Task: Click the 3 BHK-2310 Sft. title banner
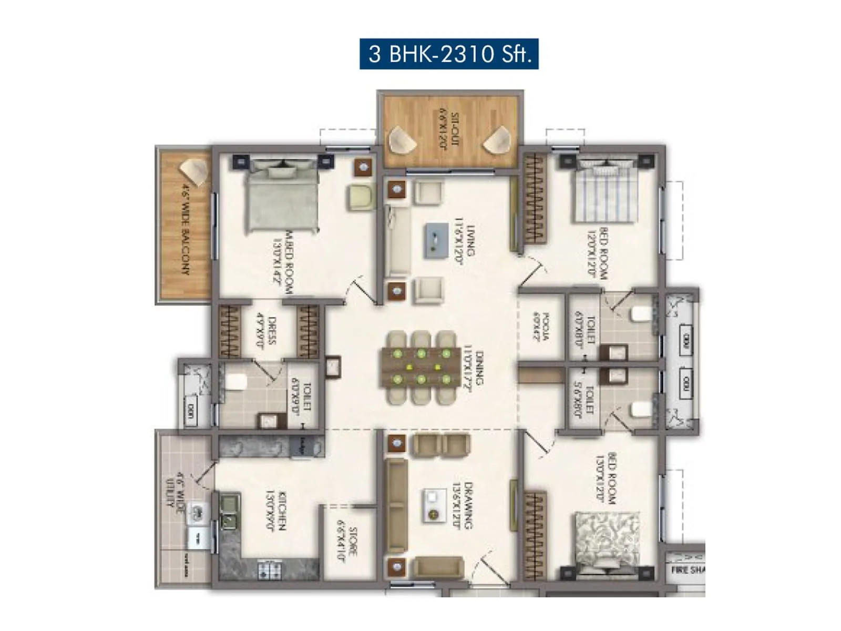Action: tap(449, 54)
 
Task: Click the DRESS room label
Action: tap(266, 330)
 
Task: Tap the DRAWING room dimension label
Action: tap(462, 505)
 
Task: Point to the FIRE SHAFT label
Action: tap(687, 570)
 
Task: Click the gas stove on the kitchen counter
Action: tap(270, 569)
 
